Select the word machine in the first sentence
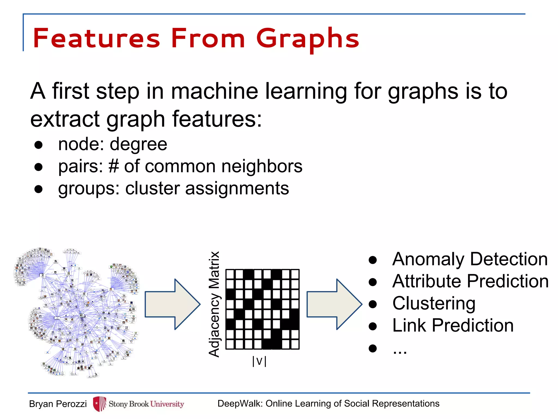[x=214, y=91]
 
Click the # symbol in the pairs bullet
[x=114, y=166]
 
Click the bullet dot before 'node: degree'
[x=39, y=145]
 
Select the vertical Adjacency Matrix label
[x=214, y=304]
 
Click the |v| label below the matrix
[x=259, y=361]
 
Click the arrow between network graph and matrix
[x=172, y=304]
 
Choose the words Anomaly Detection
[x=470, y=259]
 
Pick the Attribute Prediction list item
[x=470, y=281]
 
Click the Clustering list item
[x=434, y=303]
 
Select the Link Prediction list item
[x=453, y=325]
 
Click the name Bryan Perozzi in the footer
[x=58, y=404]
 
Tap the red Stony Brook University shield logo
[x=99, y=404]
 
